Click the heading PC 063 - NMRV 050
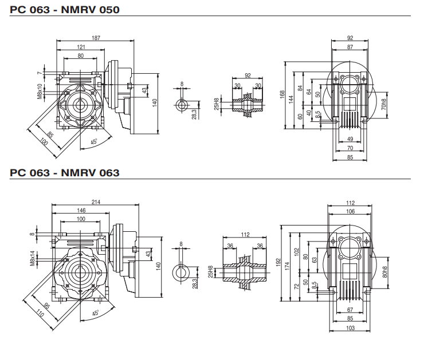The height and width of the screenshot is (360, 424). click(x=64, y=9)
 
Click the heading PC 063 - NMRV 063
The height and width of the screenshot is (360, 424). click(x=64, y=172)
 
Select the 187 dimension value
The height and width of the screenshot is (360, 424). click(x=96, y=38)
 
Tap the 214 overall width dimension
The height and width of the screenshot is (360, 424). click(x=95, y=201)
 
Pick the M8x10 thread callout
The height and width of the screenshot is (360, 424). click(x=40, y=92)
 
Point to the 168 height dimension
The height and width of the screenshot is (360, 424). click(x=282, y=94)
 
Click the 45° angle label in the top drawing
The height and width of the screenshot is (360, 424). click(x=93, y=142)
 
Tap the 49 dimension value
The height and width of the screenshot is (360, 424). click(x=350, y=139)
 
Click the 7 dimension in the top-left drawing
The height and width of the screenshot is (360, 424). click(x=41, y=73)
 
